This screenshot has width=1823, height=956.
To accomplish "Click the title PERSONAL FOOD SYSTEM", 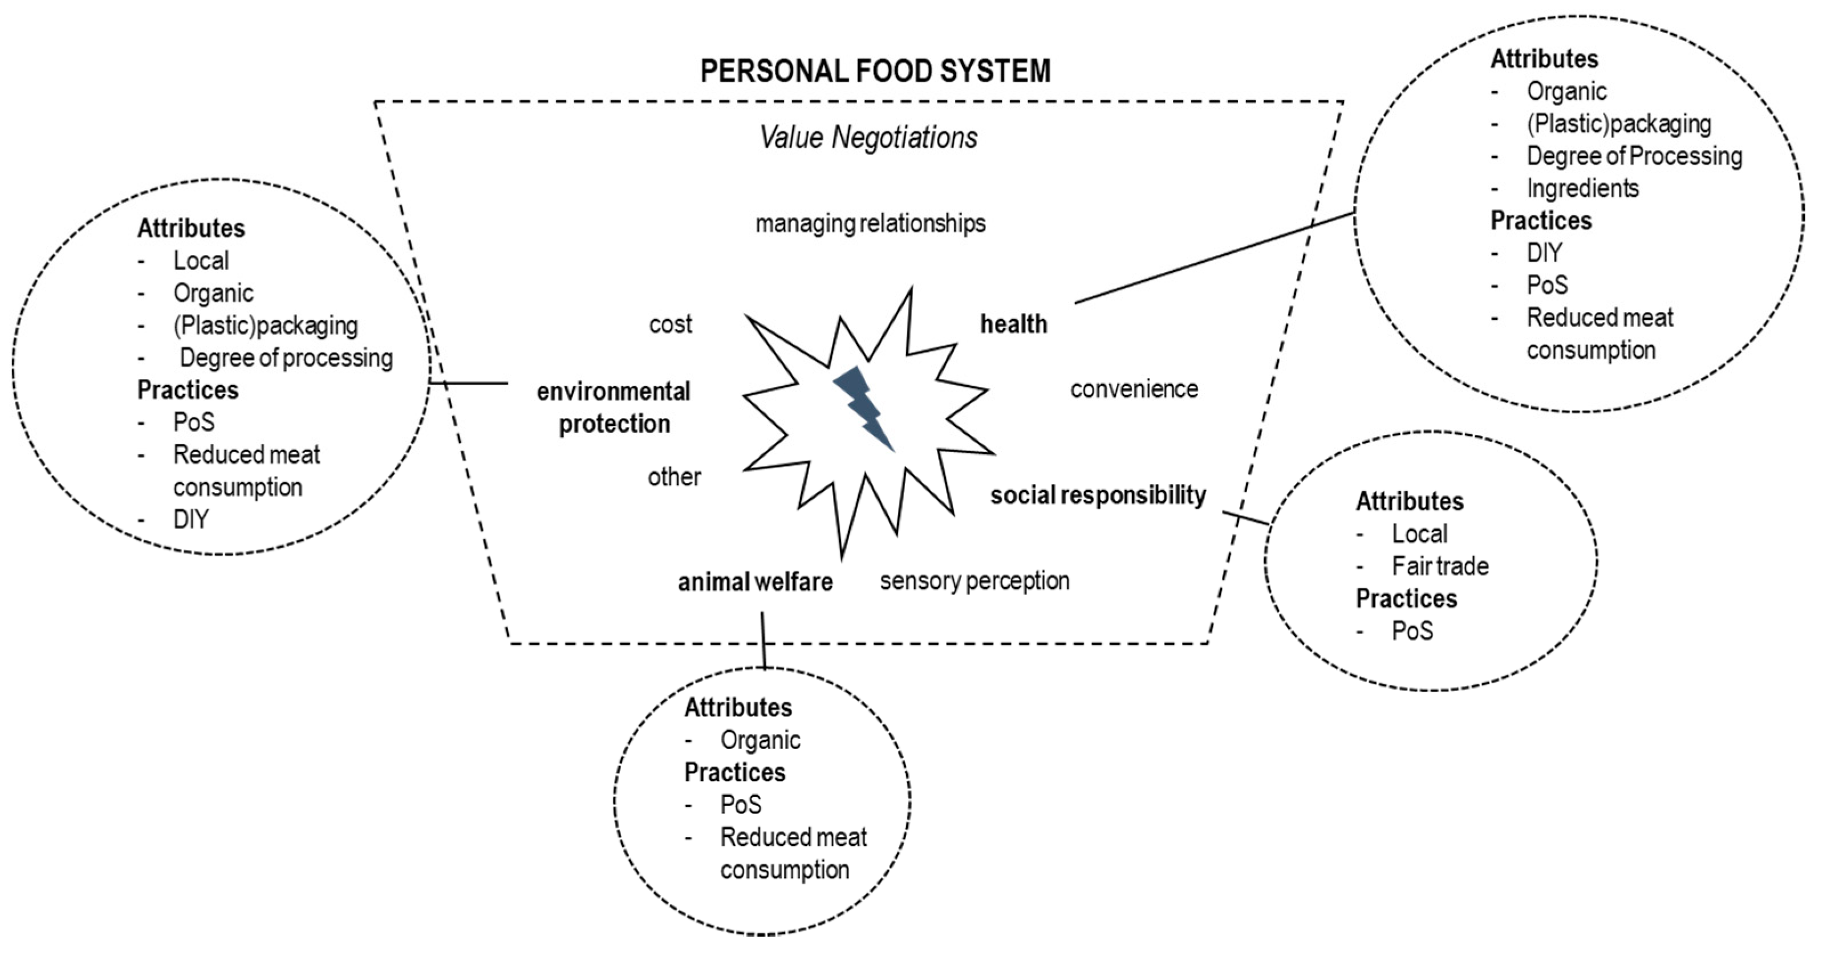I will pos(875,71).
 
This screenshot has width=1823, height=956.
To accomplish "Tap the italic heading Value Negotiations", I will pos(868,137).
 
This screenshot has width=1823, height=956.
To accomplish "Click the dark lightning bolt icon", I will pos(863,408).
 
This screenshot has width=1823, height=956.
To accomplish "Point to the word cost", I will pos(670,324).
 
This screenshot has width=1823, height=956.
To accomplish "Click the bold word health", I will pos(1013,324).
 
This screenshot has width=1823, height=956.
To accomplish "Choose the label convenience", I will pos(1134,389).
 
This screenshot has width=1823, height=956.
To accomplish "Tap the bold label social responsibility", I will pos(1098,495).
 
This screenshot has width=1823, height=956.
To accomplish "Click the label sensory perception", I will pos(975,581).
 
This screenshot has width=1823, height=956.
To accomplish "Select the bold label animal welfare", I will pos(755,583).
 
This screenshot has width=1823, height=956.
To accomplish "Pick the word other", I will pos(674,477).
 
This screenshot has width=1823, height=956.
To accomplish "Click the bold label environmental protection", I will pos(614,408).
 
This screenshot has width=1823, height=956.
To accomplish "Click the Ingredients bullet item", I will pos(1582,188).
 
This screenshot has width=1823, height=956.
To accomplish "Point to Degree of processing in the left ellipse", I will pos(286,358).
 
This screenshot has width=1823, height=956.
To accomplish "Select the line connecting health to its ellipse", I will pos(1213,258).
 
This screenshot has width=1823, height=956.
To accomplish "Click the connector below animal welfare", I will pos(763,640).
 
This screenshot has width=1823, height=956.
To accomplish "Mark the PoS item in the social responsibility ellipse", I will pos(1412,630).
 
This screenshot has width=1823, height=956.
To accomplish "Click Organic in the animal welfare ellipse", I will pos(760,740).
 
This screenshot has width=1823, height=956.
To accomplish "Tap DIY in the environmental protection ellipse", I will pos(190,519).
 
